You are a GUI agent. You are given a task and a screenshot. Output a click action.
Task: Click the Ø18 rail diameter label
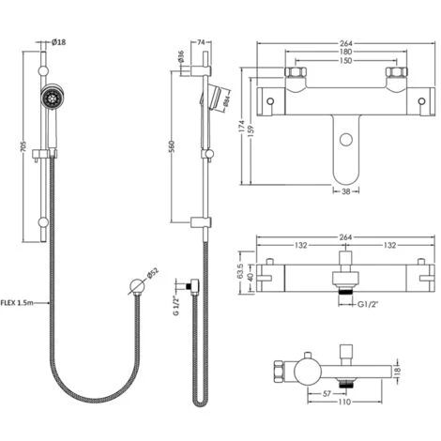click(x=58, y=41)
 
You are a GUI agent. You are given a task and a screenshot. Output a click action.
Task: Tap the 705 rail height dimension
click(x=23, y=147)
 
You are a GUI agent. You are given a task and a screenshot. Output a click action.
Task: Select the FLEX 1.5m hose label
click(x=17, y=302)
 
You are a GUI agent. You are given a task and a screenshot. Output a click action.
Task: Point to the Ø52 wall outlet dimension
click(x=153, y=273)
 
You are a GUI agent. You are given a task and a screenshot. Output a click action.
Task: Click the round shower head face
click(x=53, y=97)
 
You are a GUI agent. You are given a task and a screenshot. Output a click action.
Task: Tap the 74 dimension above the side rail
click(x=201, y=42)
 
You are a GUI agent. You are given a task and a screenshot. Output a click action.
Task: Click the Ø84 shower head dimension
click(x=227, y=100)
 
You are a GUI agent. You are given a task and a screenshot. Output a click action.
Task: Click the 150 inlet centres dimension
click(x=345, y=60)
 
